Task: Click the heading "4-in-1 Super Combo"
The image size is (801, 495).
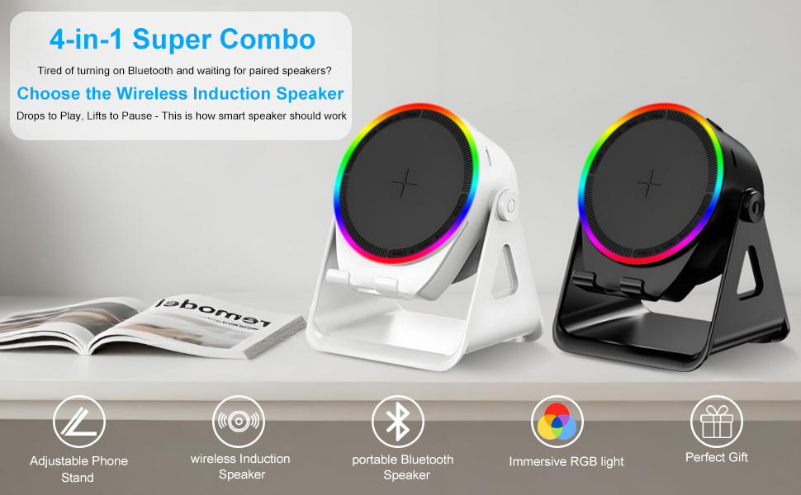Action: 182,39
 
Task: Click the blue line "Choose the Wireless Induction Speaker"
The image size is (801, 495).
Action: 180,93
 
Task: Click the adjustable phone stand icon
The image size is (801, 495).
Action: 79,422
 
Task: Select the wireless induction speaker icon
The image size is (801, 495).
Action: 239,422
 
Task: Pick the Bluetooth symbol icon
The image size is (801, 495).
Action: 398,422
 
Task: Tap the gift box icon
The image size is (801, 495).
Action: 716,422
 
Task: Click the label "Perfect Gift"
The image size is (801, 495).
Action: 716,457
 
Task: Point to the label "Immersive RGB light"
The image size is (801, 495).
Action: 566,461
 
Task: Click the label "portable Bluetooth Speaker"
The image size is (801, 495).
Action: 403,467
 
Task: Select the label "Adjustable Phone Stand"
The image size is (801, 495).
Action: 78,469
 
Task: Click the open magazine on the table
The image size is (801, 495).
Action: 149,326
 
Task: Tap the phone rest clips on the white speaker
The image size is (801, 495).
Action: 363,282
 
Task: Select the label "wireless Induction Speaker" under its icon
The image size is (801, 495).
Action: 240,466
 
